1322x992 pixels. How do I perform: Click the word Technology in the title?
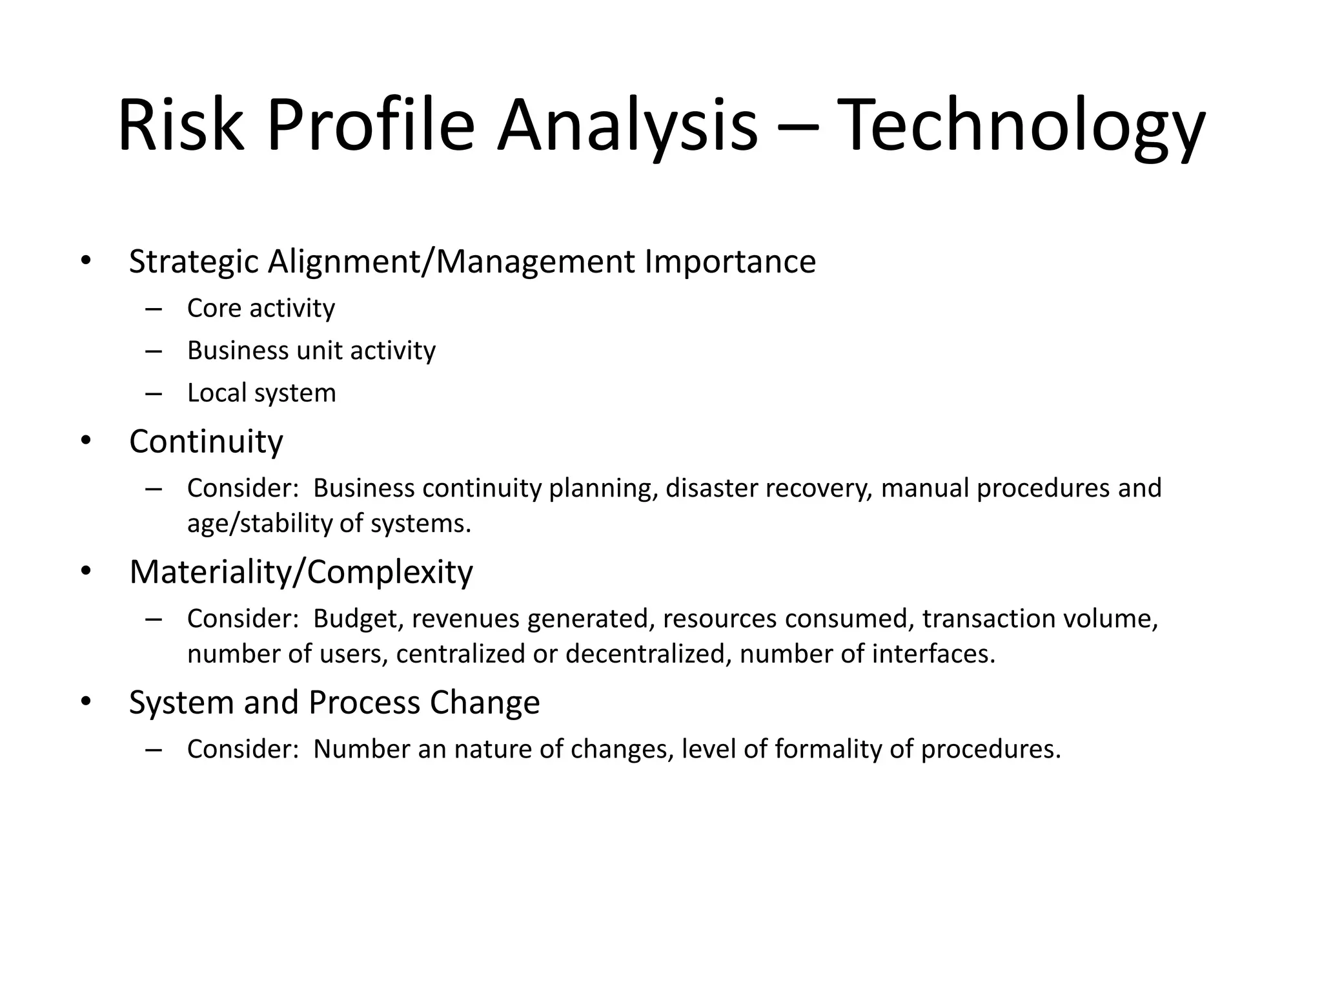pyautogui.click(x=1024, y=126)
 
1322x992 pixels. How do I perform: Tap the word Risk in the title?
pyautogui.click(x=181, y=126)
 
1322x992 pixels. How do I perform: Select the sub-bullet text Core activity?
pyautogui.click(x=261, y=309)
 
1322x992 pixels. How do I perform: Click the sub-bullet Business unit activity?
pyautogui.click(x=311, y=351)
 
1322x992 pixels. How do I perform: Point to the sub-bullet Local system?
pyautogui.click(x=261, y=393)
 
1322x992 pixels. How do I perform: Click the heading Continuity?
pyautogui.click(x=206, y=442)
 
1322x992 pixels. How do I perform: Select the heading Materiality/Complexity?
pyautogui.click(x=301, y=572)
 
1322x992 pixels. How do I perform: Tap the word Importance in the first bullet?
pyautogui.click(x=730, y=262)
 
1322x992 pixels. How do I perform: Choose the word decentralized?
pyautogui.click(x=649, y=654)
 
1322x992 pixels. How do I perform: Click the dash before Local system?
pyautogui.click(x=154, y=393)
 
